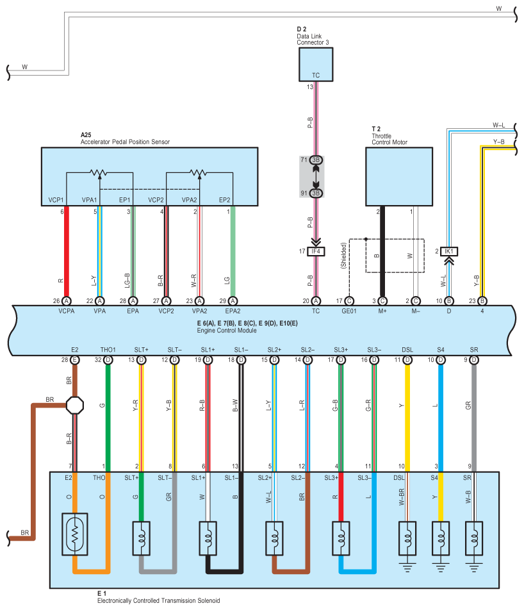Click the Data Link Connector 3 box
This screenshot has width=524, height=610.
[316, 65]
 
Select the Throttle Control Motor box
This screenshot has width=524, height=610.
[398, 177]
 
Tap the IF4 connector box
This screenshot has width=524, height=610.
[316, 251]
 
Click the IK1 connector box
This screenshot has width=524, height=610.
[449, 251]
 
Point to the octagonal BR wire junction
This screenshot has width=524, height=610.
[75, 406]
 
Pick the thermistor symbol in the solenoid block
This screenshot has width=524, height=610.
[75, 534]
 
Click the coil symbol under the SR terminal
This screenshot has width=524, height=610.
[474, 538]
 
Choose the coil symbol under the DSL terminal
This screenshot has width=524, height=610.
[407, 538]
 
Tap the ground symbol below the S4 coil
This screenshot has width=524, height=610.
[440, 567]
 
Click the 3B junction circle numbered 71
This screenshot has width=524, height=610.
[316, 160]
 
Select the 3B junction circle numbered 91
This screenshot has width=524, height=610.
[316, 193]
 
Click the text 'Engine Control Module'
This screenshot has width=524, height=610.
[226, 330]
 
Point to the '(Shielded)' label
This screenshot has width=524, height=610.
[343, 256]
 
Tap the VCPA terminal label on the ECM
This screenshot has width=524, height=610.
[67, 311]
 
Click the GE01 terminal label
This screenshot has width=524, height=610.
[349, 311]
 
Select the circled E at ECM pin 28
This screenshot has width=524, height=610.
[75, 360]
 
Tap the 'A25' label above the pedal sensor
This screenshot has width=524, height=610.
[86, 135]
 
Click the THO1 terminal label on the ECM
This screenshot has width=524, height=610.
[108, 350]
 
